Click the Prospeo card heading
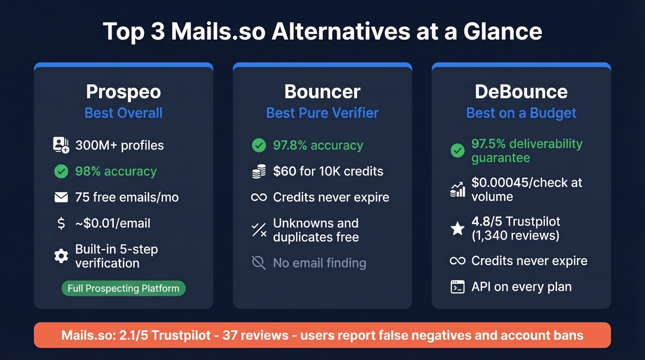coord(123,92)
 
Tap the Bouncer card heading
coord(322,92)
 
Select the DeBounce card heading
coord(521,92)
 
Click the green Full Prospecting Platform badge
coord(123,289)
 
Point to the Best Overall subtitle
coord(123,113)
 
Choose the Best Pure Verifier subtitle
coord(322,113)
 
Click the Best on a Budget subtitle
coord(521,113)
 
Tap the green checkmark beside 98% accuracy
coord(61,171)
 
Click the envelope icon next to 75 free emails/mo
coord(61,198)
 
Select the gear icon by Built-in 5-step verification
coord(61,256)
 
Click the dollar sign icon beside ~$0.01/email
coord(61,224)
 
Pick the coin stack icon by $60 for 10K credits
coord(259,171)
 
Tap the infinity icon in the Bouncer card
coord(259,198)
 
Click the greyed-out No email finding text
coord(319,263)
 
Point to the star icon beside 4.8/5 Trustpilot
coord(457,228)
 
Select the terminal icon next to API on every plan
coord(457,287)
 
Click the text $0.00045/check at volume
coord(527,189)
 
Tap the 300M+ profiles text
coord(119,146)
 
